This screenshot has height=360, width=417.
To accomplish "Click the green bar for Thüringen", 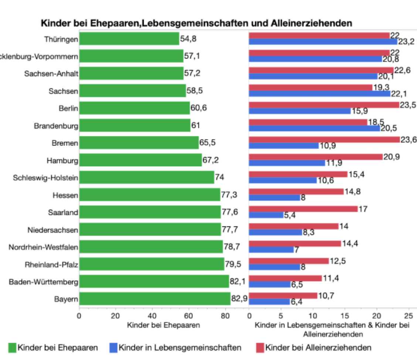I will (x=129, y=38).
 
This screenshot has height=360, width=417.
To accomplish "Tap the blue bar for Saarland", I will (x=266, y=215).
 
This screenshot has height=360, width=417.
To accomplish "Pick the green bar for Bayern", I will (x=155, y=299).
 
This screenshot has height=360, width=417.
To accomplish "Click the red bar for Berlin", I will (x=324, y=105).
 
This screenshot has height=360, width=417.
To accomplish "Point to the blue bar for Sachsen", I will (x=319, y=94).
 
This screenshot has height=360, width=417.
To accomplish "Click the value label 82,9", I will (x=239, y=299).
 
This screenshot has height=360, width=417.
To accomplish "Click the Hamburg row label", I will (x=62, y=160).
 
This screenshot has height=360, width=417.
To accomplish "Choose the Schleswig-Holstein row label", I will (x=45, y=178).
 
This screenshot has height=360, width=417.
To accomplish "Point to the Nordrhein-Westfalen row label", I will (x=43, y=247).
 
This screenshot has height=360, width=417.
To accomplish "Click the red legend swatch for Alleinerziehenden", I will (x=260, y=347).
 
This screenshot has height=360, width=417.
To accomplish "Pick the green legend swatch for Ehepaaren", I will (x=12, y=347).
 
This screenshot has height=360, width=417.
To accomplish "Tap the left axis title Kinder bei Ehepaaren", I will (x=163, y=325).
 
